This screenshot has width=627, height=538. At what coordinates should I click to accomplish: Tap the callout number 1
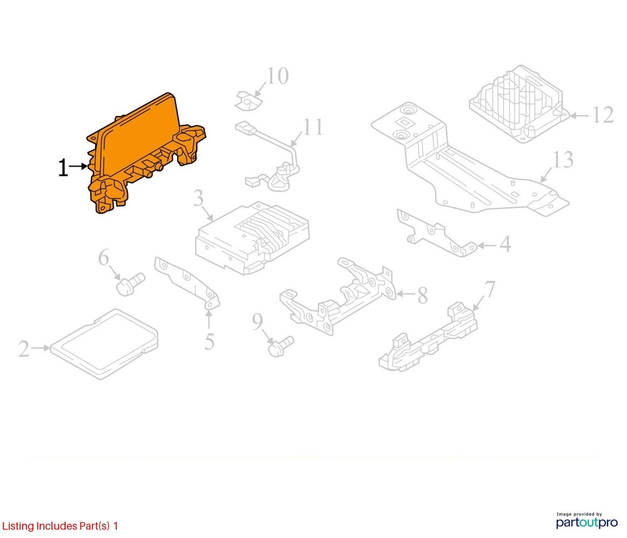63,167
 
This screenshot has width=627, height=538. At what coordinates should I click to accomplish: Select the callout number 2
24,349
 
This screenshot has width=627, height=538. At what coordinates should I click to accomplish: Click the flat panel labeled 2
104,344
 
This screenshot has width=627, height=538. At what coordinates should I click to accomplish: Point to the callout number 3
199,198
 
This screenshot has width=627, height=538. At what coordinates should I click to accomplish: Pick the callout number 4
505,244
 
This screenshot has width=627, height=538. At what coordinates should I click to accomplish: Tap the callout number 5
209,342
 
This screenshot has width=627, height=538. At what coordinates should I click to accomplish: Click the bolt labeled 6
130,284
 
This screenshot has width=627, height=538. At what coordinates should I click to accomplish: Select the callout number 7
490,289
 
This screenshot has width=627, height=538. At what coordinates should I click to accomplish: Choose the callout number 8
423,296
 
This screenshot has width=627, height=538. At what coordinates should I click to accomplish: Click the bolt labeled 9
281,346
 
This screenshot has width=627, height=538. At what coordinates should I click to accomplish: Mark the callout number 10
278,76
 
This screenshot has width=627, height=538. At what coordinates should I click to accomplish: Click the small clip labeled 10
248,101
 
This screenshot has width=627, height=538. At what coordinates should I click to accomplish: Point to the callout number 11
313,127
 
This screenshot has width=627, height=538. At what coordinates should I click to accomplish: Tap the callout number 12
603,115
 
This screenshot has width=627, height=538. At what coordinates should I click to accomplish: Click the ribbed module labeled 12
519,104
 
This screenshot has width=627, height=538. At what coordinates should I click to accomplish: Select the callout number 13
563,159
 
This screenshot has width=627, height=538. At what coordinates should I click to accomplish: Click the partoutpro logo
587,520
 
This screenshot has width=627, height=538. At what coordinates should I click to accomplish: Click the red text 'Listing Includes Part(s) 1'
60,525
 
